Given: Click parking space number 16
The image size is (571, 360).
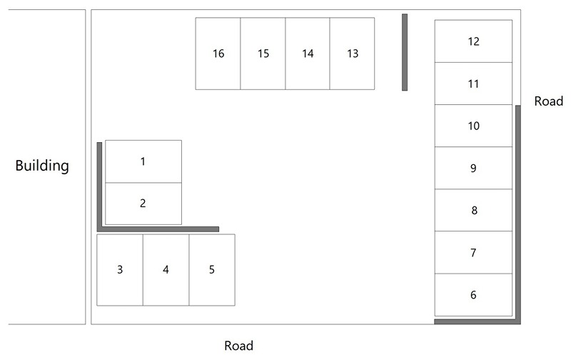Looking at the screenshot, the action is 218,54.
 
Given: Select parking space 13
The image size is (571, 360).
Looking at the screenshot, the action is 352,54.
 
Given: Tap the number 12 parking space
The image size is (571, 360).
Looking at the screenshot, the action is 473,41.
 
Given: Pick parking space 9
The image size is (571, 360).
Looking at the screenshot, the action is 473,168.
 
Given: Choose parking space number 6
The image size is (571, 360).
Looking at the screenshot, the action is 473,295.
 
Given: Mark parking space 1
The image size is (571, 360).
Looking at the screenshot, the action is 143,161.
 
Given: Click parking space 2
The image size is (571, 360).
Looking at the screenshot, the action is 143,204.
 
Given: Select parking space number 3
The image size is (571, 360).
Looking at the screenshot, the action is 120,269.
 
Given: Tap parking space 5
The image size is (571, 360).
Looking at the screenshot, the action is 212,269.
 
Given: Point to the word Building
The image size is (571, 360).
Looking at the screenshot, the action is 42,166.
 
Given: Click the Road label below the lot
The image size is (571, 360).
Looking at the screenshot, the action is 238,346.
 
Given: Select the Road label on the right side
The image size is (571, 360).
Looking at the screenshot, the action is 548,101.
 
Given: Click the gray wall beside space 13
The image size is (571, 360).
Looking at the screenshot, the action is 405,52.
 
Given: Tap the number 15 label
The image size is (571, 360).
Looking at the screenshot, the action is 263,54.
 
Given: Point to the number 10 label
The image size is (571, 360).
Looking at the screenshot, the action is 473,126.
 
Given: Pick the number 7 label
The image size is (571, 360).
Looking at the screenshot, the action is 473,253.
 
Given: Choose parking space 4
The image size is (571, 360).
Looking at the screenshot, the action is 166,269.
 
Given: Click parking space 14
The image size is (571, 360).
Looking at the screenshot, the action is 308,54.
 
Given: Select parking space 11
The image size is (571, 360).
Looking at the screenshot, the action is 473,84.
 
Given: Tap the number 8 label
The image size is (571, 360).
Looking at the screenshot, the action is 474,210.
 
